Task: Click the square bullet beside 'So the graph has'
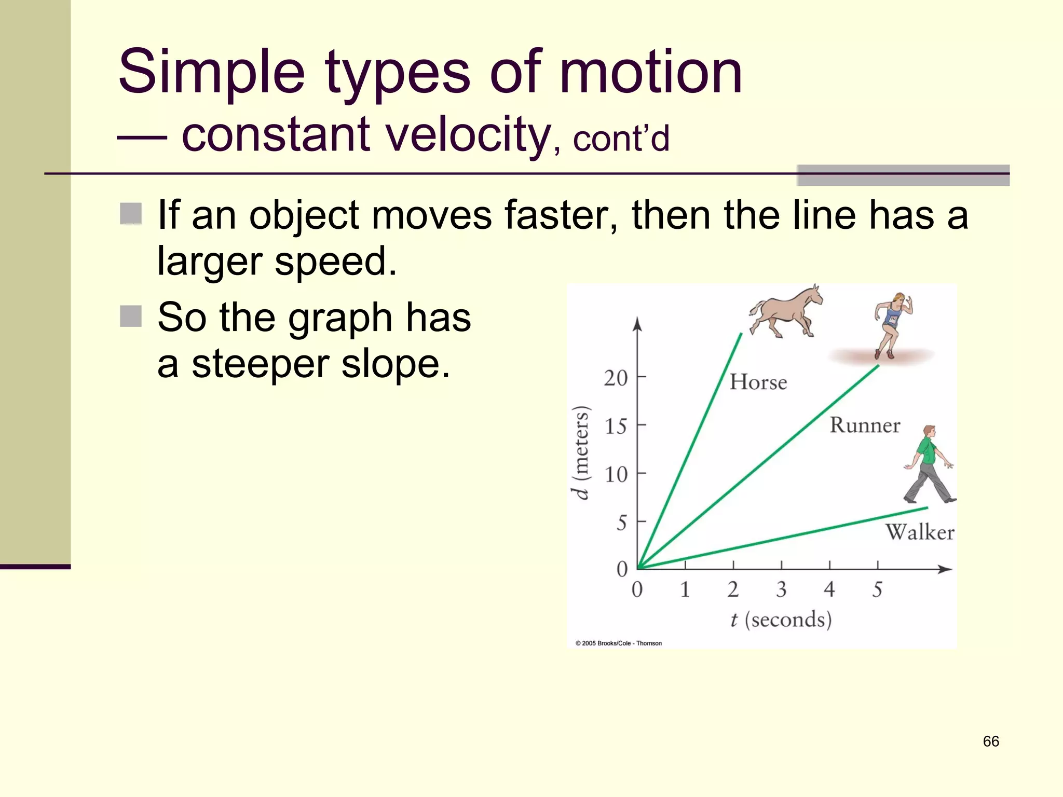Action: point(131,316)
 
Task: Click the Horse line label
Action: point(758,382)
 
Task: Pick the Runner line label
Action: point(865,425)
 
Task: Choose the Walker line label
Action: point(919,532)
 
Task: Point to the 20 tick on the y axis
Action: point(616,378)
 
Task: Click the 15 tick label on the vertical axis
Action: point(616,426)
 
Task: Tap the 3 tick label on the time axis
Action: point(781,589)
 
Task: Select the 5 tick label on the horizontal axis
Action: point(877,589)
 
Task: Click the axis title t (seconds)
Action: point(781,620)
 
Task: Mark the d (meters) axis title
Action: point(581,452)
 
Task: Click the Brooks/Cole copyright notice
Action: point(618,643)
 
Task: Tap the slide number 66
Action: point(990,741)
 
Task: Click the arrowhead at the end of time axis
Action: point(946,569)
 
